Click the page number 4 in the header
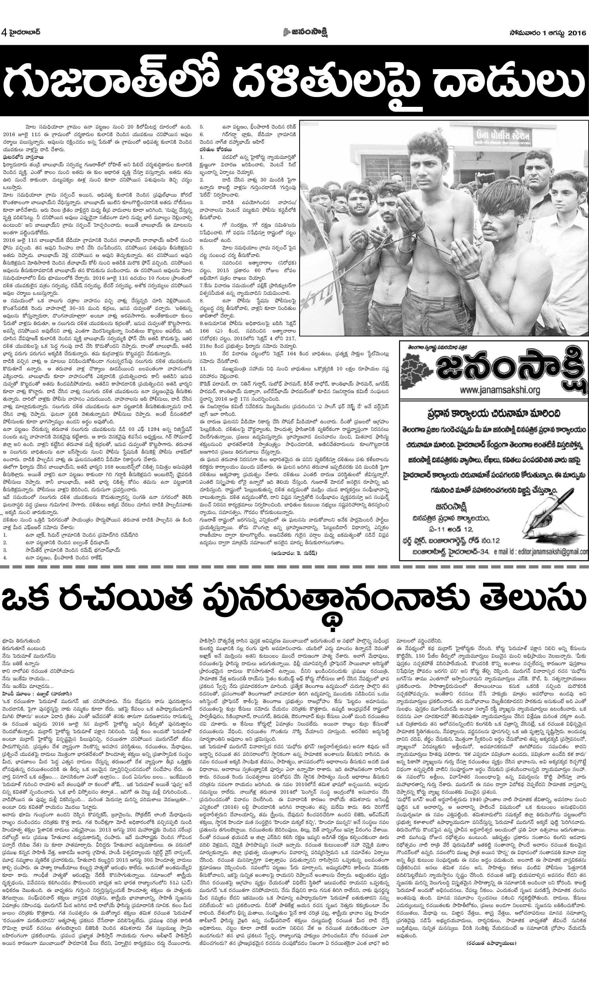click(x=4, y=32)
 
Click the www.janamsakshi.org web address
click(x=500, y=390)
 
